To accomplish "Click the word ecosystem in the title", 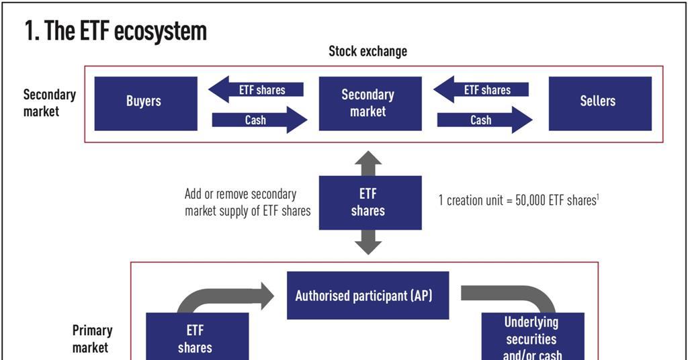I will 159,31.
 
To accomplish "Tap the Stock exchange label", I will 368,52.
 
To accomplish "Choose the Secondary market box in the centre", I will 369,103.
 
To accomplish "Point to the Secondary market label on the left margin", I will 49,103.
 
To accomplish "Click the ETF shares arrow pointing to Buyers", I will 257,90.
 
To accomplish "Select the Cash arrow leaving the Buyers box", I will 259,120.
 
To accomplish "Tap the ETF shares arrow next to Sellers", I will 482,90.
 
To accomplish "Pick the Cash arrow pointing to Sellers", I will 484,120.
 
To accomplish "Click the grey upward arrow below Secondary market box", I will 368,163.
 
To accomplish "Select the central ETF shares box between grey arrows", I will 369,202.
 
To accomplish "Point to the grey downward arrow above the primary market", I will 368,242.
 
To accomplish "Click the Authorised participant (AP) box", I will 368,296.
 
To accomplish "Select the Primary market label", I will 92,339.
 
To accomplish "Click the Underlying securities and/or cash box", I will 532,337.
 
